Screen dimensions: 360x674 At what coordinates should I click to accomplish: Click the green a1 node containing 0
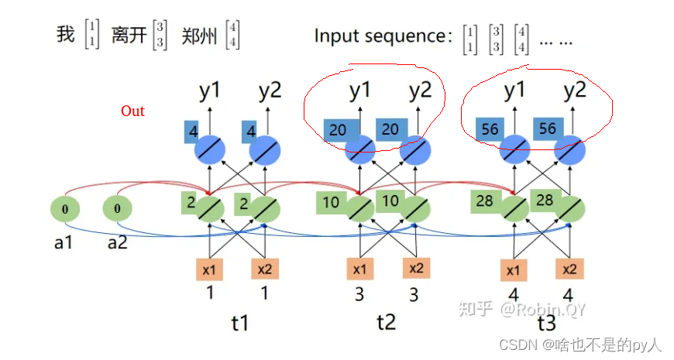[65, 209]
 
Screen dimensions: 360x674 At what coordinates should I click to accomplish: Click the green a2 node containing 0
[118, 209]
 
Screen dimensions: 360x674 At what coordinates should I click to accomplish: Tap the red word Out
[132, 111]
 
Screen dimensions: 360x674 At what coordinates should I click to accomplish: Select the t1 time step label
[240, 321]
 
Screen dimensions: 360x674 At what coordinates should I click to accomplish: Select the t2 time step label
[385, 321]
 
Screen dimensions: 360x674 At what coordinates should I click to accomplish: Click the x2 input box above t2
[416, 268]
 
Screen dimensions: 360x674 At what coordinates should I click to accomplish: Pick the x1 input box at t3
[513, 269]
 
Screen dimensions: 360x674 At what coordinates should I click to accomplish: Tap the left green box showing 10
[331, 203]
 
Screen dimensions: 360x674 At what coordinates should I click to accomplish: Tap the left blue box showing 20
[338, 130]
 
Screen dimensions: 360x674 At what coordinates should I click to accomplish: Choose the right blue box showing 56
[547, 129]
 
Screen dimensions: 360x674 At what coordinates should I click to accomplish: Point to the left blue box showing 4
[191, 131]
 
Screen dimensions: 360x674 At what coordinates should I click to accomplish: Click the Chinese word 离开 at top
[129, 36]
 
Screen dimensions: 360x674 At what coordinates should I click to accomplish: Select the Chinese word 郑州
[198, 36]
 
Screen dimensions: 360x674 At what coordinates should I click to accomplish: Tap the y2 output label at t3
[574, 91]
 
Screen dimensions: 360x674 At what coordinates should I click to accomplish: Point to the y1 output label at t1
[209, 91]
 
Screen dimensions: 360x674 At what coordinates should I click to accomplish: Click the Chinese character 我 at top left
[66, 35]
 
